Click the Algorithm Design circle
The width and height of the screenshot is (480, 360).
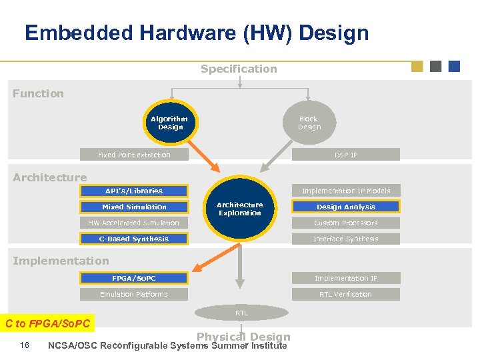[171, 123]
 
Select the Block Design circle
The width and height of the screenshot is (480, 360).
[309, 123]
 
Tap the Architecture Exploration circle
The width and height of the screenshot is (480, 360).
[240, 209]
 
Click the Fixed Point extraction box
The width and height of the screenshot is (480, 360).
[134, 155]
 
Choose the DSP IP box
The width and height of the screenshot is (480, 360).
[346, 155]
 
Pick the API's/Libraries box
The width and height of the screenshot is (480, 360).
[134, 191]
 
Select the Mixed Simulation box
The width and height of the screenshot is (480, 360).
[134, 207]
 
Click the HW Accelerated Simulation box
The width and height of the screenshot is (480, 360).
[134, 223]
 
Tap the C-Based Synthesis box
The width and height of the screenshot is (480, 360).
[134, 239]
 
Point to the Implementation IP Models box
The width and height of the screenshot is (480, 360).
[346, 191]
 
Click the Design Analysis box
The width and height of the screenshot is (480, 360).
[346, 207]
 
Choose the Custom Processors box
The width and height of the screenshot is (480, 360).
[346, 223]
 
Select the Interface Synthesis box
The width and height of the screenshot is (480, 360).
[346, 239]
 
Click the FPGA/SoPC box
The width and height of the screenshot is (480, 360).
[134, 278]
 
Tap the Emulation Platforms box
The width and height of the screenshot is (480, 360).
[134, 294]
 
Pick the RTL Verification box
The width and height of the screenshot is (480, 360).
[346, 294]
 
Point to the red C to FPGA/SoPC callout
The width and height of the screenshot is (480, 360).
[48, 324]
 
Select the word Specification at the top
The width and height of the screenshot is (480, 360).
[239, 69]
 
